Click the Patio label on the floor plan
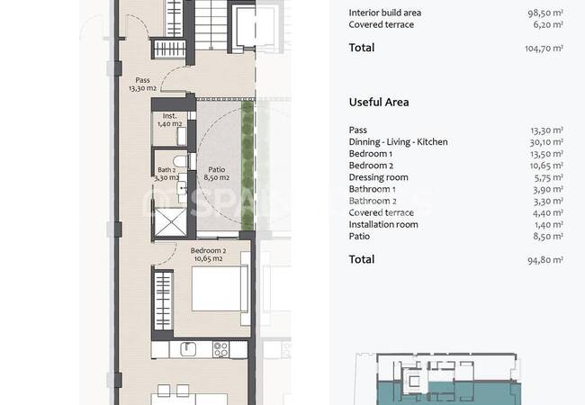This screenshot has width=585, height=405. [216, 174]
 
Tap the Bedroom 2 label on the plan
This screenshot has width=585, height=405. [208, 255]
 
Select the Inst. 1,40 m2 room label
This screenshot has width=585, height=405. [170, 120]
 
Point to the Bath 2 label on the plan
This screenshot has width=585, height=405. [166, 174]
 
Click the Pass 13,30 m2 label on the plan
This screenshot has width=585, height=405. [142, 85]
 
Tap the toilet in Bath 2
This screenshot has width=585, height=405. [180, 161]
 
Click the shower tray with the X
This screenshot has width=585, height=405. [170, 222]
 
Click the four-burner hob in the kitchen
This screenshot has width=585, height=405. [220, 350]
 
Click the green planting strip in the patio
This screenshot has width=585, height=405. [247, 166]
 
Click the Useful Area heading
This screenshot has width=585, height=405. [379, 103]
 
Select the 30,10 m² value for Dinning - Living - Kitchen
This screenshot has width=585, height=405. [546, 142]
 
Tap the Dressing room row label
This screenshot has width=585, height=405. [378, 177]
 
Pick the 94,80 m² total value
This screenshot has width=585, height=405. [545, 260]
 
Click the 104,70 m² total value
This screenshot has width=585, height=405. [544, 48]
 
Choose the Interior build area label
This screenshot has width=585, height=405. [385, 13]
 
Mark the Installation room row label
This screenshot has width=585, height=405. [383, 224]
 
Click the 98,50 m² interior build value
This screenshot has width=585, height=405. [545, 13]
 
